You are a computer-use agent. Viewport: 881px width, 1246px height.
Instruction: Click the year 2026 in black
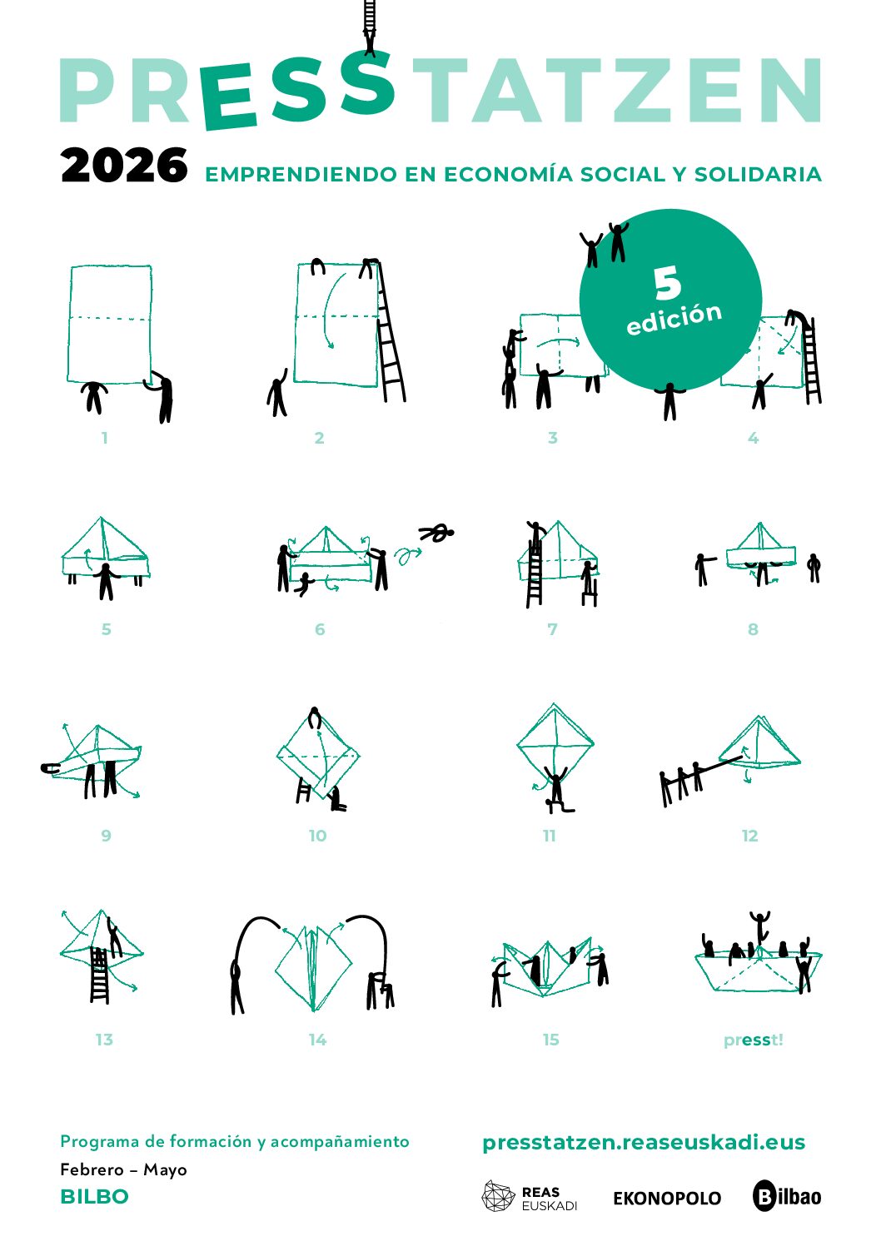tap(124, 165)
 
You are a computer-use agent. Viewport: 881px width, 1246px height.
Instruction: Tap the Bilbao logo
tap(786, 1196)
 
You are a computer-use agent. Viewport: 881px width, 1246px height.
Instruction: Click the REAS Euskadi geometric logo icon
tap(499, 1196)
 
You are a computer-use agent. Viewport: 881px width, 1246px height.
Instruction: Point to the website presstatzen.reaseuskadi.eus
tap(644, 1143)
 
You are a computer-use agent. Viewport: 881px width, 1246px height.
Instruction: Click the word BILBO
tap(95, 1197)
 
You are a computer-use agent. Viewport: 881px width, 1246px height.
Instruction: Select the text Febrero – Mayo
tap(123, 1169)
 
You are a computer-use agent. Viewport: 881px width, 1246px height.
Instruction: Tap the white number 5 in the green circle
tap(667, 282)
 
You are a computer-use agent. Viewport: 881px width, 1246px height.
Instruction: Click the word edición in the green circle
tap(674, 319)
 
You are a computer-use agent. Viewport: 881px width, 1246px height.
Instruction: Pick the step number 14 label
tap(317, 1040)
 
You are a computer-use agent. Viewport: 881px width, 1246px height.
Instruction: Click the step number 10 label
tap(317, 836)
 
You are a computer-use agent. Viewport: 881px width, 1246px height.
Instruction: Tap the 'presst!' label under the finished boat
tap(753, 1040)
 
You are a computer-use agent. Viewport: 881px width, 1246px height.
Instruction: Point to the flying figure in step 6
tap(436, 533)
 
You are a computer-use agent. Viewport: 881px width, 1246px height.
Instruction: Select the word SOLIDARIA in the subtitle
tap(758, 174)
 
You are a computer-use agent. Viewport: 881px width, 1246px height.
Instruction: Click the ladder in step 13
tap(99, 975)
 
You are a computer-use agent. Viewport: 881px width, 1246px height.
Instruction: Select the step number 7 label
tap(552, 629)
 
